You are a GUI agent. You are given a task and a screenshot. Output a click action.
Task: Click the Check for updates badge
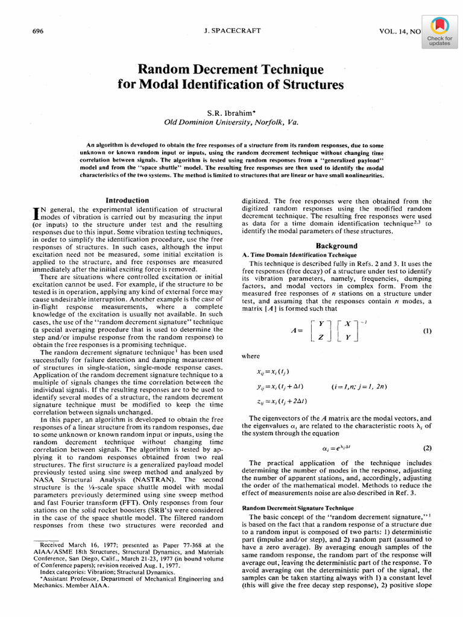pos(439,31)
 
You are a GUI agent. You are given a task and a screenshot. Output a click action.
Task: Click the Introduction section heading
pos(127,200)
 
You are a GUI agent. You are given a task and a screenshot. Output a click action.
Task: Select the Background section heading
pos(336,246)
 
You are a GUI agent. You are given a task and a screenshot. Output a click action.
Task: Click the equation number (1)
pos(427,331)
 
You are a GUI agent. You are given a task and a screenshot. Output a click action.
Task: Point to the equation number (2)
pos(427,448)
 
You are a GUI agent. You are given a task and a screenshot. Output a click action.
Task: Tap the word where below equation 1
pos(250,356)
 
